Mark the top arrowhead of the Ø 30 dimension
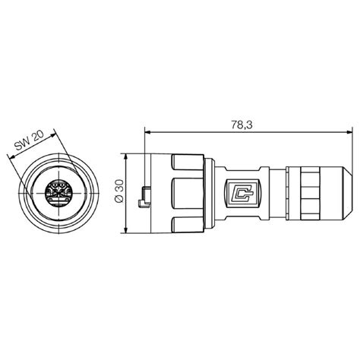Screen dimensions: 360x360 point(127,156)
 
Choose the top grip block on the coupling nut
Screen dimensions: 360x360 point(185,162)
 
